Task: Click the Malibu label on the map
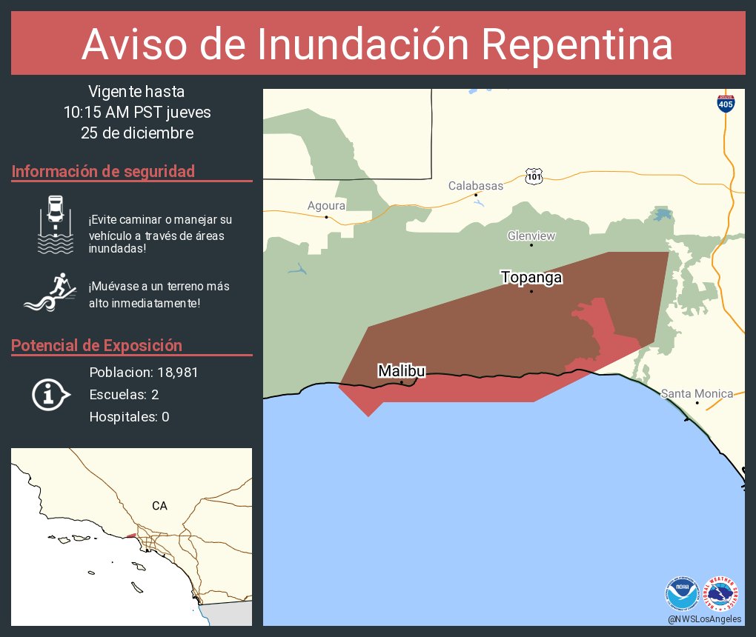pos(402,370)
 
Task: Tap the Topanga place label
pos(531,278)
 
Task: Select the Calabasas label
pos(476,186)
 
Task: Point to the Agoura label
pos(327,206)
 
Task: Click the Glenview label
pos(531,236)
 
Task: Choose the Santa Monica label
pos(697,393)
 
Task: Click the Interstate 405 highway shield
pos(726,104)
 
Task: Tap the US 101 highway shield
pos(535,176)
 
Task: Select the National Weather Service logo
pos(722,594)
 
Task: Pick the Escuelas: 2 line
pos(124,395)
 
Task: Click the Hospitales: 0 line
pos(129,417)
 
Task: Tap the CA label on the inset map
pos(159,506)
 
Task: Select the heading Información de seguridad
pos(103,171)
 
